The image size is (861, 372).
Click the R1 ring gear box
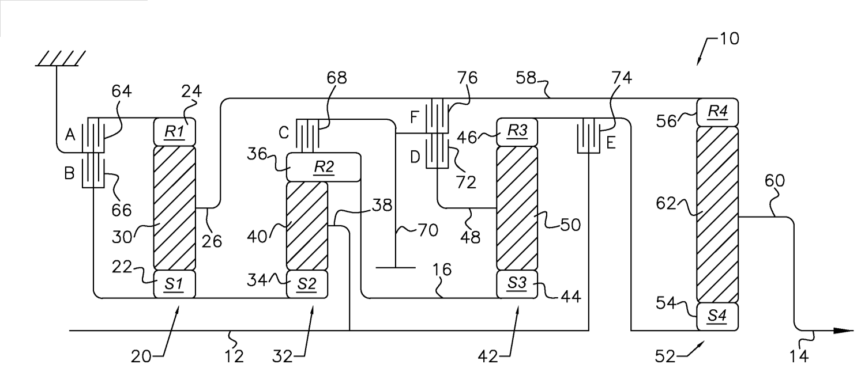tap(175, 132)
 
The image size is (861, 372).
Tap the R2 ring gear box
tap(323, 167)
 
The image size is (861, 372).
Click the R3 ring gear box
tap(517, 132)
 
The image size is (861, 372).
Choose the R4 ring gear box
tap(717, 112)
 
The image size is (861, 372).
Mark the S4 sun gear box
tap(717, 316)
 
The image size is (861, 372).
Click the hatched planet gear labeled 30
tap(175, 208)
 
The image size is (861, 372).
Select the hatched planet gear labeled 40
tap(307, 225)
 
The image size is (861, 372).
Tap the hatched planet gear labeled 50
tap(517, 208)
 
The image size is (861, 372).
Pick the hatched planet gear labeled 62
tap(717, 214)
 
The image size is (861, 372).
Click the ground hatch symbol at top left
tap(60, 58)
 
